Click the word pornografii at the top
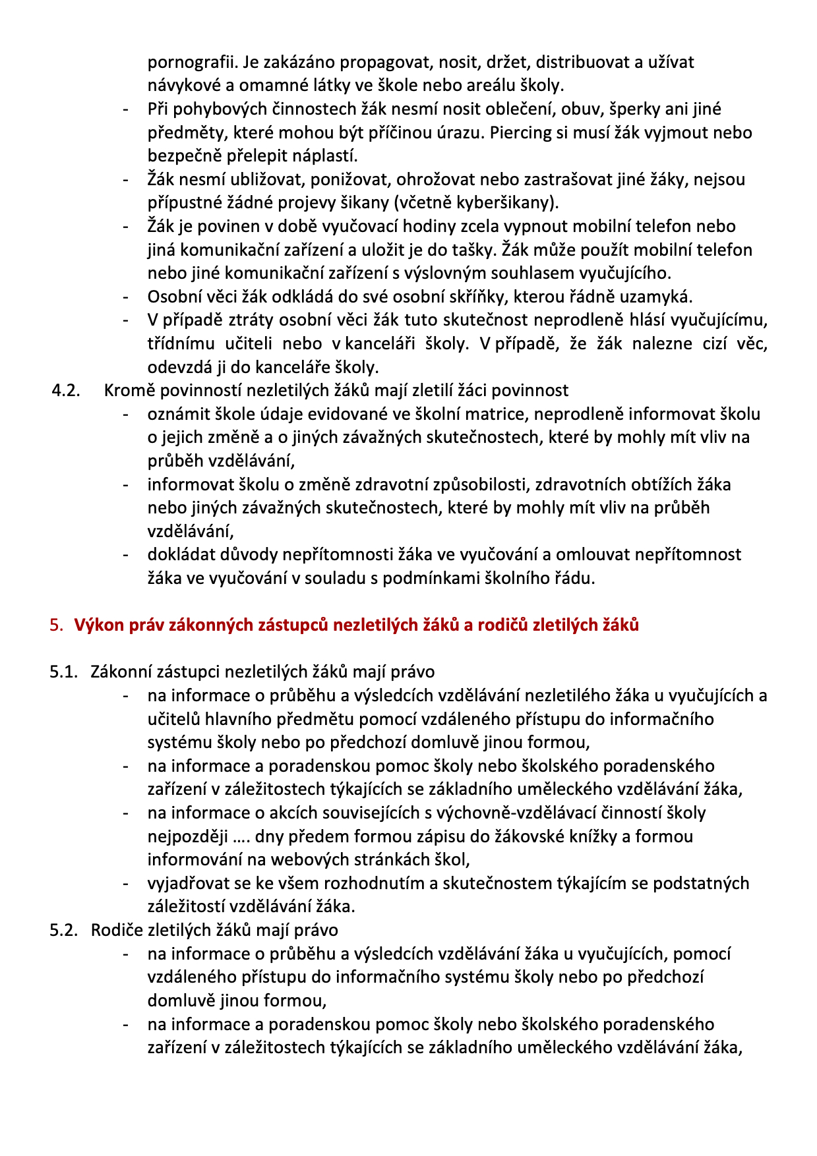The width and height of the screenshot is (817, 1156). click(191, 63)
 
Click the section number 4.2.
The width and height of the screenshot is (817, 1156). click(66, 390)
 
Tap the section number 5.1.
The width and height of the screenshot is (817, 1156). click(64, 672)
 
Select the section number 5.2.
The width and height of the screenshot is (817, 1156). click(64, 930)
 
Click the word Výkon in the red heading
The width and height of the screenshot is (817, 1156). click(99, 625)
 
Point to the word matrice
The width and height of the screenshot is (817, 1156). click(497, 414)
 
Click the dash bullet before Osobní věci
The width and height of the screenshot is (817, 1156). click(126, 297)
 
